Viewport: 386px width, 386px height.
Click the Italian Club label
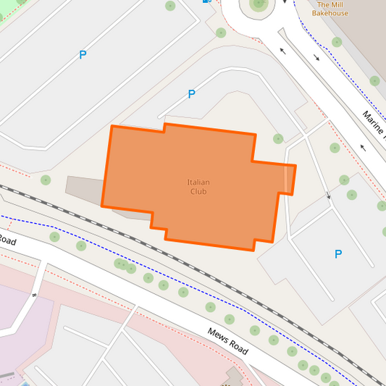coord(198,187)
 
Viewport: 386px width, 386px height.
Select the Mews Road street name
coord(227,342)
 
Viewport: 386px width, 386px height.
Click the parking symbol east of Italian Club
coord(337,254)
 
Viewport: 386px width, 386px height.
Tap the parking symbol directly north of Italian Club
coord(191,94)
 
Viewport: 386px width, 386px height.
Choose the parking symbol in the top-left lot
coord(83,54)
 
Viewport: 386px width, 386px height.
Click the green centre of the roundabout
coord(259,4)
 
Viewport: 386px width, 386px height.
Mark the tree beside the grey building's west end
coord(46,180)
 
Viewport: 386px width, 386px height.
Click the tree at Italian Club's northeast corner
coord(278,138)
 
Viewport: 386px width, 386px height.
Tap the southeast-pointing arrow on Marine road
coord(316,57)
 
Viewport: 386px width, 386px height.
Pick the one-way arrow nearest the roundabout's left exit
coord(282,51)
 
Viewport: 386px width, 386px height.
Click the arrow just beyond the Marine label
coord(363,148)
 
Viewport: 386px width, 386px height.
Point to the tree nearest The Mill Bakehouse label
coord(335,42)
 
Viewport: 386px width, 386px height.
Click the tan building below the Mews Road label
coord(234,377)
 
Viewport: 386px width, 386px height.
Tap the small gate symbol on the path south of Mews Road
coord(33,295)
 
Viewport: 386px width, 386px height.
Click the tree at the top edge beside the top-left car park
coord(170,6)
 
